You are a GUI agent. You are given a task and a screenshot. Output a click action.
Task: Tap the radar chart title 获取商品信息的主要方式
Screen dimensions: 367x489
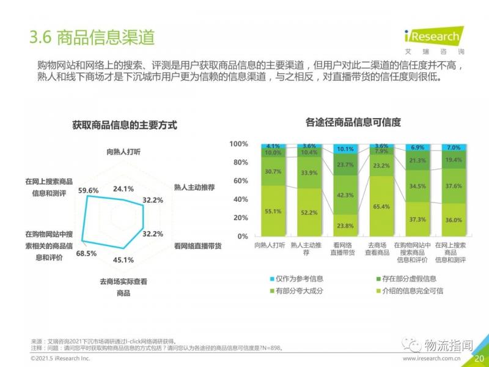coord(124,125)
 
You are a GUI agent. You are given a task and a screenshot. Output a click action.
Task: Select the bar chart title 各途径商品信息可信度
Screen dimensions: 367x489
coord(353,122)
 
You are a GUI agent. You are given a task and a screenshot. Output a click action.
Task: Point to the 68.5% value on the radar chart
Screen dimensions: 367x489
coord(86,253)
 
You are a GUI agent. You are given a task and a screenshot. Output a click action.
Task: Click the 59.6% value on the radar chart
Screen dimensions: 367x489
coord(89,190)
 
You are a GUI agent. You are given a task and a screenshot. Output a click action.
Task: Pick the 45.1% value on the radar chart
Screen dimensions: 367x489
coord(123,259)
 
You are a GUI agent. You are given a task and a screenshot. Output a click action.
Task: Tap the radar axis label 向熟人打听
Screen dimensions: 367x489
coord(123,151)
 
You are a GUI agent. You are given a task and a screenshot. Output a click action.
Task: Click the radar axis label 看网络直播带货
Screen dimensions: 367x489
coord(197,246)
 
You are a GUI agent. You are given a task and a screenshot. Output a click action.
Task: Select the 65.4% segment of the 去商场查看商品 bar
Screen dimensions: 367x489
coord(381,207)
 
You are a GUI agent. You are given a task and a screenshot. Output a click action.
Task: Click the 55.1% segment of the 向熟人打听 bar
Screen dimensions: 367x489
coord(273,211)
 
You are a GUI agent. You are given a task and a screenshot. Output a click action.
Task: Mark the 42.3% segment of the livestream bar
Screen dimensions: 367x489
coord(345,195)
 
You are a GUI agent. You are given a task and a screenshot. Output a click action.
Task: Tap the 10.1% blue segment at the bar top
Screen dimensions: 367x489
coord(345,149)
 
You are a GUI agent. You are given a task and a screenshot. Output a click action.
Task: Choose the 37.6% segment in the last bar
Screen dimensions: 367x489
coord(454,187)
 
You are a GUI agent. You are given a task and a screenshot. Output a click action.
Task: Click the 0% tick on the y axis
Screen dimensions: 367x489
coord(242,236)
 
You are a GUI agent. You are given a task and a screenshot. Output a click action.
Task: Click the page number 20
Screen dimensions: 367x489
coord(479,358)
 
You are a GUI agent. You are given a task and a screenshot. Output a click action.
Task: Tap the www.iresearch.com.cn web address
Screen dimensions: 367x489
coord(432,358)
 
